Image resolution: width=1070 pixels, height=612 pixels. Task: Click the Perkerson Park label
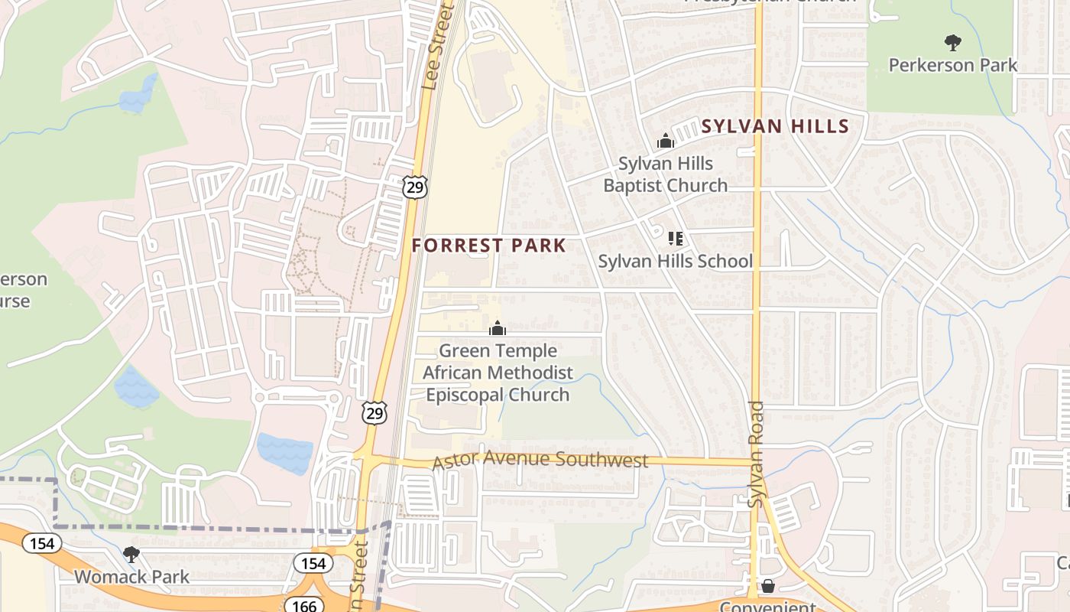tap(952, 65)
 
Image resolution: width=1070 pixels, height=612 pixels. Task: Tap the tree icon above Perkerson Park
tap(952, 42)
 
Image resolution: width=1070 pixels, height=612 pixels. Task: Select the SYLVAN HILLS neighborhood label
tap(775, 126)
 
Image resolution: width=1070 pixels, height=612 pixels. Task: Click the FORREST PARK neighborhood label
tap(489, 246)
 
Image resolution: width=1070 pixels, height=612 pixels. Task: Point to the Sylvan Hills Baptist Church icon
tap(666, 141)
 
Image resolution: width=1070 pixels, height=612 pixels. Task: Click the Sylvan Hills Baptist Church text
tap(666, 174)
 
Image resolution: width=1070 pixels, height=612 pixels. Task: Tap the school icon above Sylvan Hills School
tap(675, 239)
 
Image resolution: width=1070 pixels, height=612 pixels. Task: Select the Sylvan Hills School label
tap(675, 262)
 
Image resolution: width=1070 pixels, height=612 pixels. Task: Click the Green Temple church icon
tap(498, 328)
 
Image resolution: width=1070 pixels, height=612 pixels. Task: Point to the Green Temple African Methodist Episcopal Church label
tap(498, 373)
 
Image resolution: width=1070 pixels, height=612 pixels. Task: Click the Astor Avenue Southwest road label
tap(540, 461)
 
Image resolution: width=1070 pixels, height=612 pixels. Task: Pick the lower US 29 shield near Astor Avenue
tap(374, 413)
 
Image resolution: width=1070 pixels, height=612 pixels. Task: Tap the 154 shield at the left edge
tap(42, 543)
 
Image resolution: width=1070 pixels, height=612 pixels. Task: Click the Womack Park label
tap(131, 576)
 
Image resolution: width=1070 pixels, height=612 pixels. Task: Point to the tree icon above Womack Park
tap(131, 553)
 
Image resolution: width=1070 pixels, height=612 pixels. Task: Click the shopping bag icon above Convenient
tap(768, 586)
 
